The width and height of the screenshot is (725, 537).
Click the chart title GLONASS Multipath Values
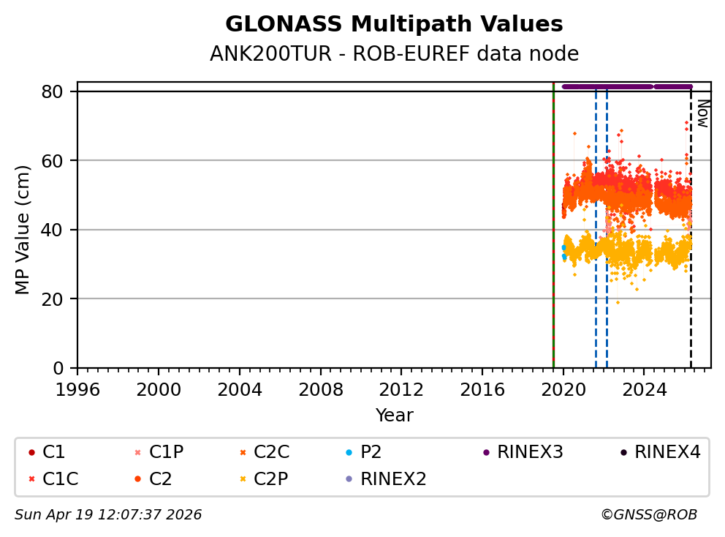point(394,24)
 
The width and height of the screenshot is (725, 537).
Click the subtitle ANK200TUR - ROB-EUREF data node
point(394,53)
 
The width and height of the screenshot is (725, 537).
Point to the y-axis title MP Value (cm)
point(23,230)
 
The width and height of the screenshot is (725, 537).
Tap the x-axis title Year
point(394,416)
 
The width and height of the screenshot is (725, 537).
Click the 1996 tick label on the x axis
point(77,388)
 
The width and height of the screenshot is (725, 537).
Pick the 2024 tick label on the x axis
point(644,388)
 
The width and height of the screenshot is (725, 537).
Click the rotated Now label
point(702,113)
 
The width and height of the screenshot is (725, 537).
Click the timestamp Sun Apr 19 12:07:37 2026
point(108,515)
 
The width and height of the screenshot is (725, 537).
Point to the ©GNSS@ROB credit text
point(649,515)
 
